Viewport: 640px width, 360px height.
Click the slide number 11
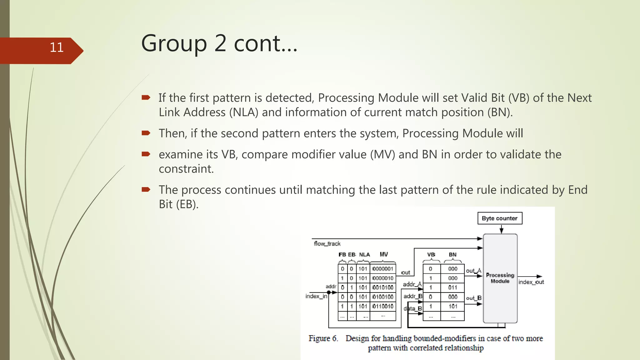(57, 47)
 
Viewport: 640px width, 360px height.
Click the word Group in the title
(174, 43)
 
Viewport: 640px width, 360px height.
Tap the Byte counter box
(499, 218)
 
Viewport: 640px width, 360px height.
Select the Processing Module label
(500, 278)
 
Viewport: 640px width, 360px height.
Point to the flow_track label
(327, 243)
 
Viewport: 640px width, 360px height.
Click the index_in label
(316, 296)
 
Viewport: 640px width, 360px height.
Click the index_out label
(531, 282)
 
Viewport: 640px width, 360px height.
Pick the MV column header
(383, 254)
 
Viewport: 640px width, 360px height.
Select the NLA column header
(364, 254)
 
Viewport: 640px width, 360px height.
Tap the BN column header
(452, 254)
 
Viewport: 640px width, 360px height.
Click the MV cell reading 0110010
(383, 306)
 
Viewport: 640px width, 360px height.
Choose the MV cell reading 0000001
(383, 269)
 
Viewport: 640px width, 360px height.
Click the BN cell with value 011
(452, 287)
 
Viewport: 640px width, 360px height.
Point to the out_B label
(473, 298)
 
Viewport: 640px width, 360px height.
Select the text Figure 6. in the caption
(323, 338)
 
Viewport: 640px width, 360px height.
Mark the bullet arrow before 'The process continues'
(146, 189)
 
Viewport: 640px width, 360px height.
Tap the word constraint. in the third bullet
(186, 169)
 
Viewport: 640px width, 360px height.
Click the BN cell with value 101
(452, 306)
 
